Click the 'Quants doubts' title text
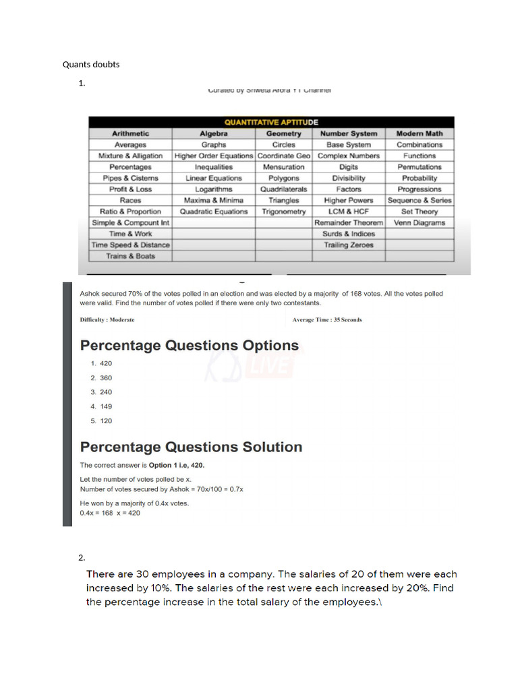pyautogui.click(x=91, y=65)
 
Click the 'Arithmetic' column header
pyautogui.click(x=130, y=133)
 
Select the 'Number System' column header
pyautogui.click(x=348, y=133)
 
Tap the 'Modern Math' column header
pyautogui.click(x=419, y=133)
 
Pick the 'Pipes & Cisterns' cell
pyautogui.click(x=130, y=178)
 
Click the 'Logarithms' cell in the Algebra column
pyautogui.click(x=213, y=189)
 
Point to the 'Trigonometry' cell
pyautogui.click(x=283, y=212)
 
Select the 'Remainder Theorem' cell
pyautogui.click(x=348, y=222)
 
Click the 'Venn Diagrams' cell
pyautogui.click(x=419, y=222)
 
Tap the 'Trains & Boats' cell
pyautogui.click(x=130, y=256)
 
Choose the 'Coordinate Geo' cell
pyautogui.click(x=283, y=156)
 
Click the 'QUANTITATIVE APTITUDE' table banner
pyautogui.click(x=270, y=123)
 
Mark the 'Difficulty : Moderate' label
pyautogui.click(x=107, y=320)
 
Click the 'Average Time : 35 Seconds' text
pyautogui.click(x=326, y=320)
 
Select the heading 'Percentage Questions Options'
pyautogui.click(x=189, y=346)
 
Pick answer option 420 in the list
pyautogui.click(x=105, y=363)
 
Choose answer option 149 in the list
pyautogui.click(x=105, y=406)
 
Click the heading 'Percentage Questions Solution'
pyautogui.click(x=191, y=447)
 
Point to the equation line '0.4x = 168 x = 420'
pyautogui.click(x=110, y=513)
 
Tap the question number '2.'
pyautogui.click(x=82, y=557)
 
